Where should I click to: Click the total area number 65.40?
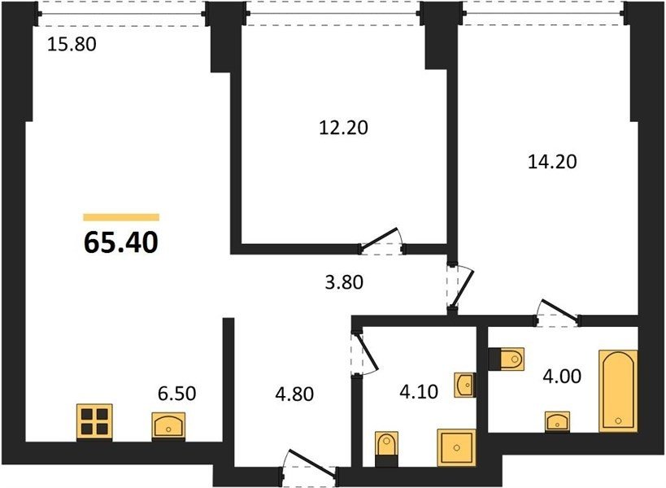click(121, 242)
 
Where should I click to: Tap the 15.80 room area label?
click(72, 44)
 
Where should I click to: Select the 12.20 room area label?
click(343, 128)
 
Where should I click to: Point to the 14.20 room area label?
click(552, 161)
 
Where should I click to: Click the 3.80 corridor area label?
click(344, 282)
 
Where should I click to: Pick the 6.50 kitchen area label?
click(176, 394)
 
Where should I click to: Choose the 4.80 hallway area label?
click(294, 394)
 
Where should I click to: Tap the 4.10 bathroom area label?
click(419, 391)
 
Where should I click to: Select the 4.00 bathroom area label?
click(562, 377)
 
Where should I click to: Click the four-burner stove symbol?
click(94, 422)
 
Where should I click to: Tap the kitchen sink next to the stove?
click(168, 425)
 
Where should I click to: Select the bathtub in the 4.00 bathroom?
click(618, 390)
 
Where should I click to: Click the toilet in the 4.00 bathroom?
click(507, 359)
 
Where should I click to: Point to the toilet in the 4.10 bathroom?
click(387, 449)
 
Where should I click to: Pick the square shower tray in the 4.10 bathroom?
click(456, 448)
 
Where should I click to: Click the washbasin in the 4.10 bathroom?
click(465, 386)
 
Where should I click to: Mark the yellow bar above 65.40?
click(121, 217)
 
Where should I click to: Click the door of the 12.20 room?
click(381, 242)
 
